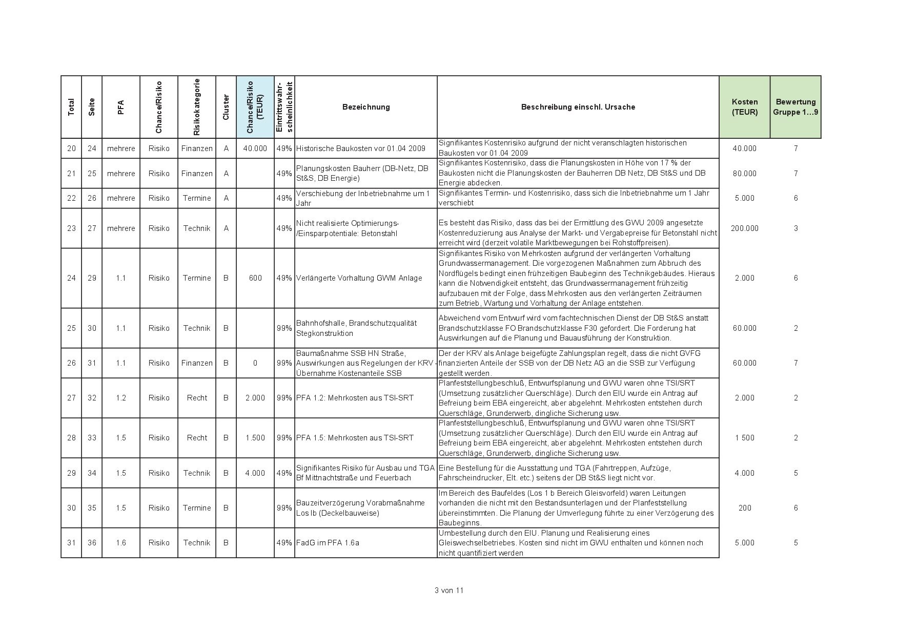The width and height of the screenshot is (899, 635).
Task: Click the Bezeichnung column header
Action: coord(366,107)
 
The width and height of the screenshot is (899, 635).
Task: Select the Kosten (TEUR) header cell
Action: coord(744,107)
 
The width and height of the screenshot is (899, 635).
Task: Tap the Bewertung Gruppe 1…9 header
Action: coord(795,107)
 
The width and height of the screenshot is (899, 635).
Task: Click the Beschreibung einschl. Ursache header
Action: coord(578,107)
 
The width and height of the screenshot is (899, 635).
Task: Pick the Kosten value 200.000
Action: coord(744,228)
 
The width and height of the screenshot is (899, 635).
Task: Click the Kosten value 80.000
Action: coord(744,174)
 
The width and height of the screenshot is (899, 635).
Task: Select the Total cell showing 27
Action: coord(71,398)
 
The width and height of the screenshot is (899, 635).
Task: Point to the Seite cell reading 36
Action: coord(92,543)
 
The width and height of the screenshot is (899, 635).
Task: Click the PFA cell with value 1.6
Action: coord(121,543)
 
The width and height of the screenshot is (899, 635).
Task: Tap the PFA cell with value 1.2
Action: coord(121,398)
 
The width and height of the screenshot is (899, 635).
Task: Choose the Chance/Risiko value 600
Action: coord(255,278)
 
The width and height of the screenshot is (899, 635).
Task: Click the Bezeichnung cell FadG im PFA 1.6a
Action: coord(328,543)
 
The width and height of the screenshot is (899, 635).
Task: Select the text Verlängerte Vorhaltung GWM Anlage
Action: coord(359,278)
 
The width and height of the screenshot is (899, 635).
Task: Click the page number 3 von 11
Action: coord(449,590)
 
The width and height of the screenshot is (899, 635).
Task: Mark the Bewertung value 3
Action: coord(795,228)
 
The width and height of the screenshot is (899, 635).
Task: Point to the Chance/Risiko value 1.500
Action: coord(255,438)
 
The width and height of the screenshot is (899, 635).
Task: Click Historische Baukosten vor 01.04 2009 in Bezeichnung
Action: coord(360,149)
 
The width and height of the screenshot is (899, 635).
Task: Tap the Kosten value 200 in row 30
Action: coord(744,508)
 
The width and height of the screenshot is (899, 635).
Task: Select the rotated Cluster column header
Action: coord(226,107)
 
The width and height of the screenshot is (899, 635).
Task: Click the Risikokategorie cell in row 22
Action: coord(197,198)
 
